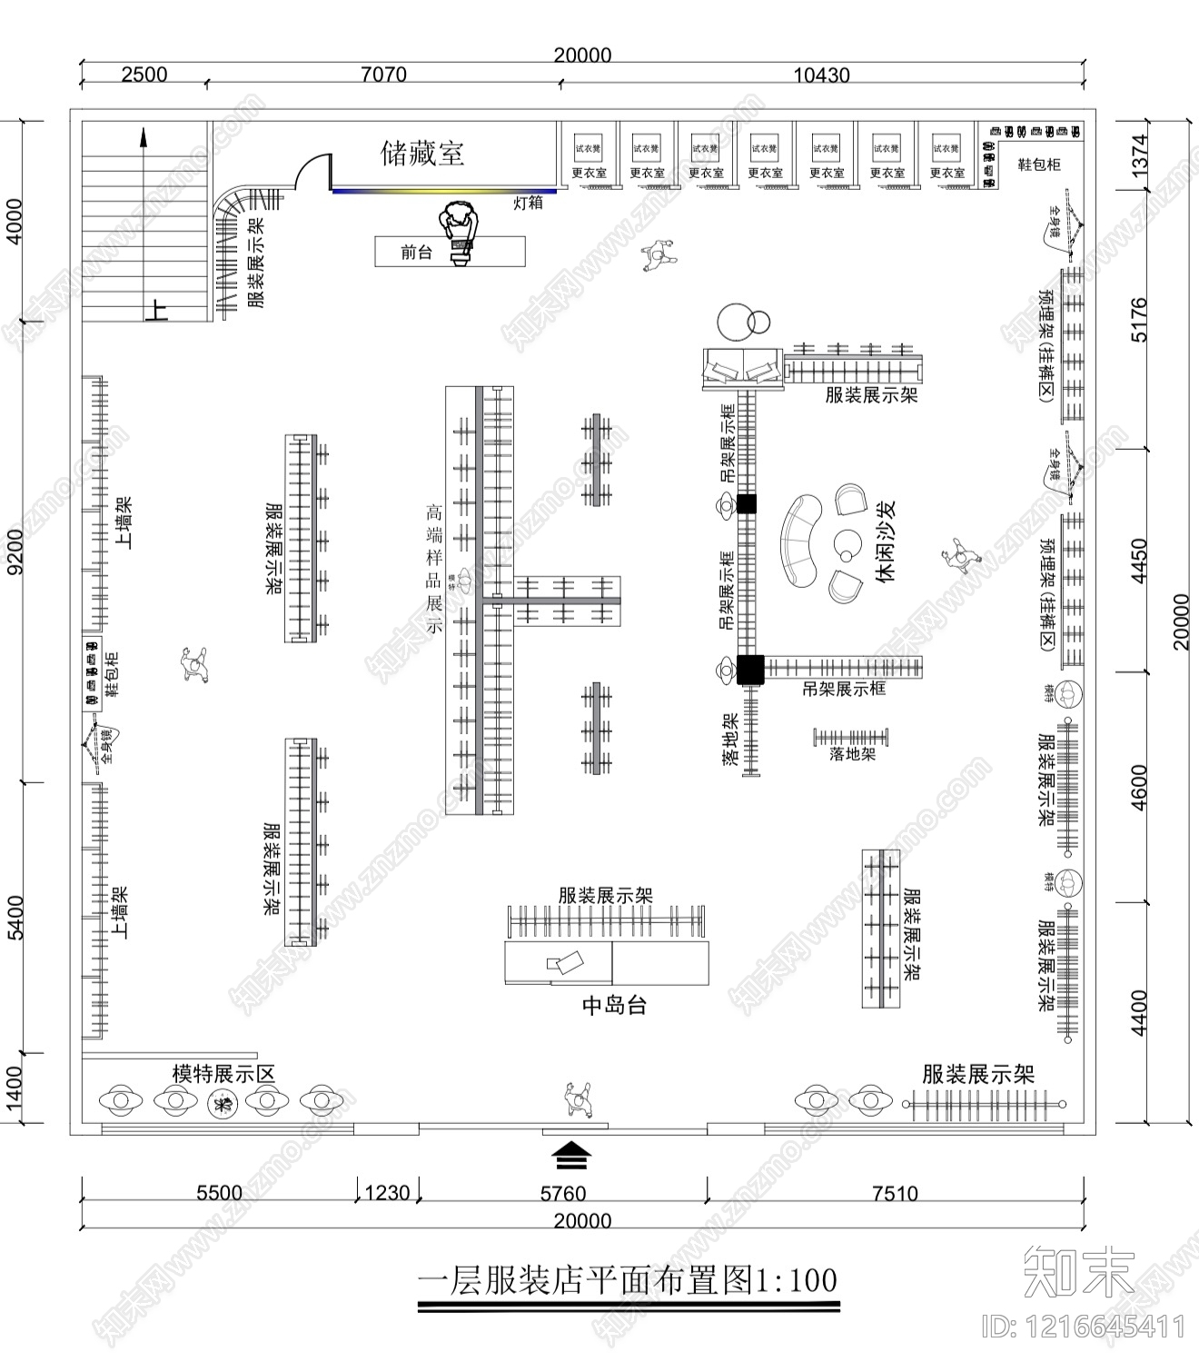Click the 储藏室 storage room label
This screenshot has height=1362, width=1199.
tap(422, 153)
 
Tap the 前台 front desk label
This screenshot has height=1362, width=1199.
tap(417, 252)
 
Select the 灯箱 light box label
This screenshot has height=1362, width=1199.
tap(528, 202)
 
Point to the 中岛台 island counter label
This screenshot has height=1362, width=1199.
tap(614, 1005)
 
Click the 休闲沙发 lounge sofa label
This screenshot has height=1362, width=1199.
tap(886, 541)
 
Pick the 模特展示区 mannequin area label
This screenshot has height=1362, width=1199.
tap(223, 1073)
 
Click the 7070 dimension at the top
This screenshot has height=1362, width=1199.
tap(383, 74)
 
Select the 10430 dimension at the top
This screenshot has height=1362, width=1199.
tap(821, 75)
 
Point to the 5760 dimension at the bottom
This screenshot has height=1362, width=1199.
tap(562, 1193)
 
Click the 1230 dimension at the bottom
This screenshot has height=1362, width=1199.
tap(387, 1192)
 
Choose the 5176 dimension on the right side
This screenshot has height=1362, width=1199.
tap(1138, 320)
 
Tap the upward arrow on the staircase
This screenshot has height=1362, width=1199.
tap(144, 138)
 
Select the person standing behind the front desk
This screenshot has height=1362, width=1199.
tap(460, 233)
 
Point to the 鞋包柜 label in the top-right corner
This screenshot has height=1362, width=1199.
tap(1039, 164)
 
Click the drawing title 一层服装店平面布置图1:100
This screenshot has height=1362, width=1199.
tap(627, 1280)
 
